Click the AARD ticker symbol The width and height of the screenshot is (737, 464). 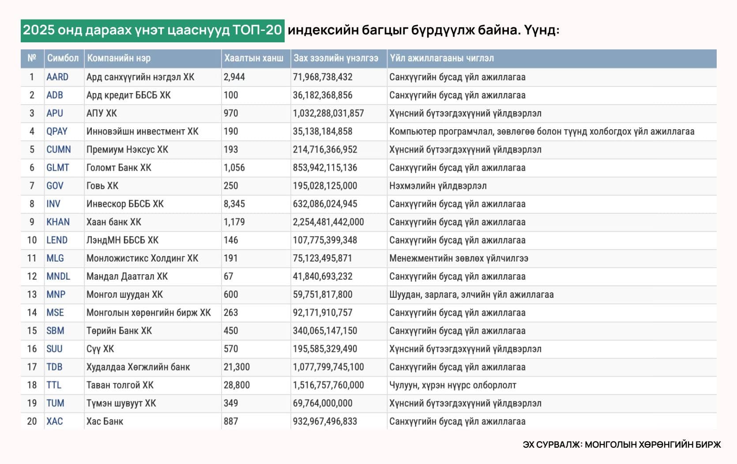tap(57, 77)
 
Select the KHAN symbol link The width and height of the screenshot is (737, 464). tap(58, 222)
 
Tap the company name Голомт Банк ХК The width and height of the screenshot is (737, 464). tap(119, 168)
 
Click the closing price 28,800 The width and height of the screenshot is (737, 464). tap(237, 385)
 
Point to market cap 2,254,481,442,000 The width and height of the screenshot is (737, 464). tap(328, 222)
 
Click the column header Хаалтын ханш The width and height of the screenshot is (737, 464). tap(254, 58)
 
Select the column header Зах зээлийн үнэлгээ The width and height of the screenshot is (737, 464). tap(336, 58)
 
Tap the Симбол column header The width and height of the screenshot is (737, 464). tap(63, 58)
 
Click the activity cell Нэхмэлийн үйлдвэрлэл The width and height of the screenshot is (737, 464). tap(438, 186)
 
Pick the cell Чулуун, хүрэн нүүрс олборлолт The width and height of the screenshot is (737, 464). tap(452, 385)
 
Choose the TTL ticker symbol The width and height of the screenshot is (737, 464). tap(54, 385)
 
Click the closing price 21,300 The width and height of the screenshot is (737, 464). tap(237, 367)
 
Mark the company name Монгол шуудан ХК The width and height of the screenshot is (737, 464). tap(124, 294)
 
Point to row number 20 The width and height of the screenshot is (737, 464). tap(32, 421)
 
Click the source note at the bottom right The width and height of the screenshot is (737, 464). tap(621, 445)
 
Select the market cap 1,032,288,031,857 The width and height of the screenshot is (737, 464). tap(328, 113)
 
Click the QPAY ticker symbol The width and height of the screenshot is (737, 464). tap(57, 131)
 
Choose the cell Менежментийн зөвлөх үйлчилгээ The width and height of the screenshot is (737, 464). tap(459, 258)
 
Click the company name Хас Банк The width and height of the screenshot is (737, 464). tap(105, 421)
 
